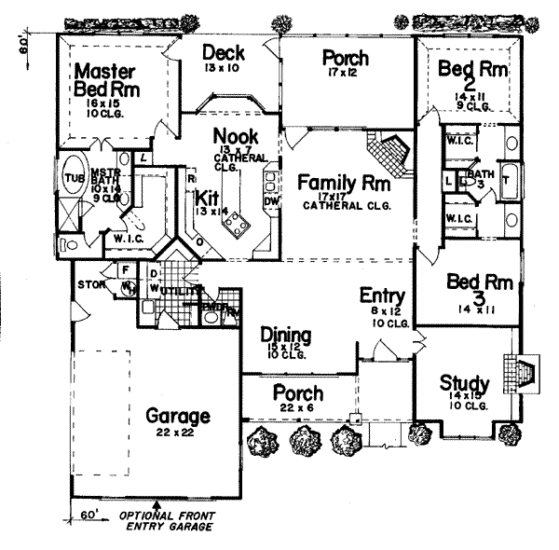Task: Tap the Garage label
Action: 177,416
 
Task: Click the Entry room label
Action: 380,296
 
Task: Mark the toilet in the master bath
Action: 136,217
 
